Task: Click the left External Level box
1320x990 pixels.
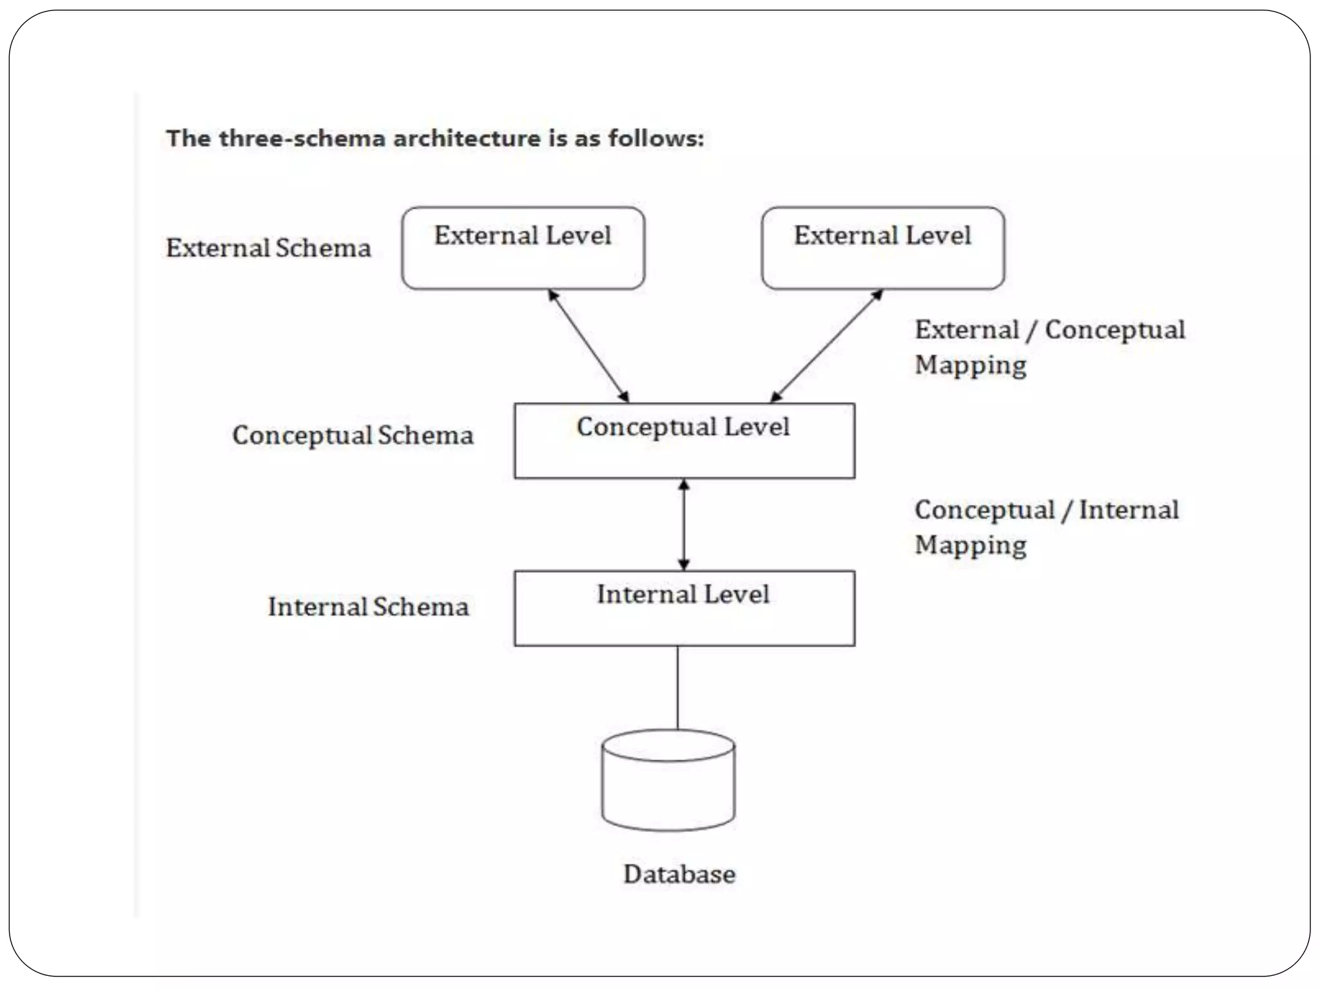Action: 523,248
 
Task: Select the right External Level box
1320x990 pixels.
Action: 882,248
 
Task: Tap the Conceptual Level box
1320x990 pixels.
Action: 684,441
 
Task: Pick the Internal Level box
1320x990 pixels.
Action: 684,608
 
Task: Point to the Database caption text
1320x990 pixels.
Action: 679,874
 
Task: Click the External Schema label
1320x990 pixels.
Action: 268,248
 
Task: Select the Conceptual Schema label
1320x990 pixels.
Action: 353,435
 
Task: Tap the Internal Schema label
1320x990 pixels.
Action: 368,607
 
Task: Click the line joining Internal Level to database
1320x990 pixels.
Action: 677,687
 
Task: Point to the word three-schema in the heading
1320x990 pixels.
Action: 301,139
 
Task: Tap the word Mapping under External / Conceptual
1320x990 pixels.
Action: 971,365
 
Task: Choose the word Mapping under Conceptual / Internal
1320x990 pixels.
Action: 971,545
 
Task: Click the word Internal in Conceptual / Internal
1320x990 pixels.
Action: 1129,510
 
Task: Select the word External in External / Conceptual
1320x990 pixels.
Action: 967,330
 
